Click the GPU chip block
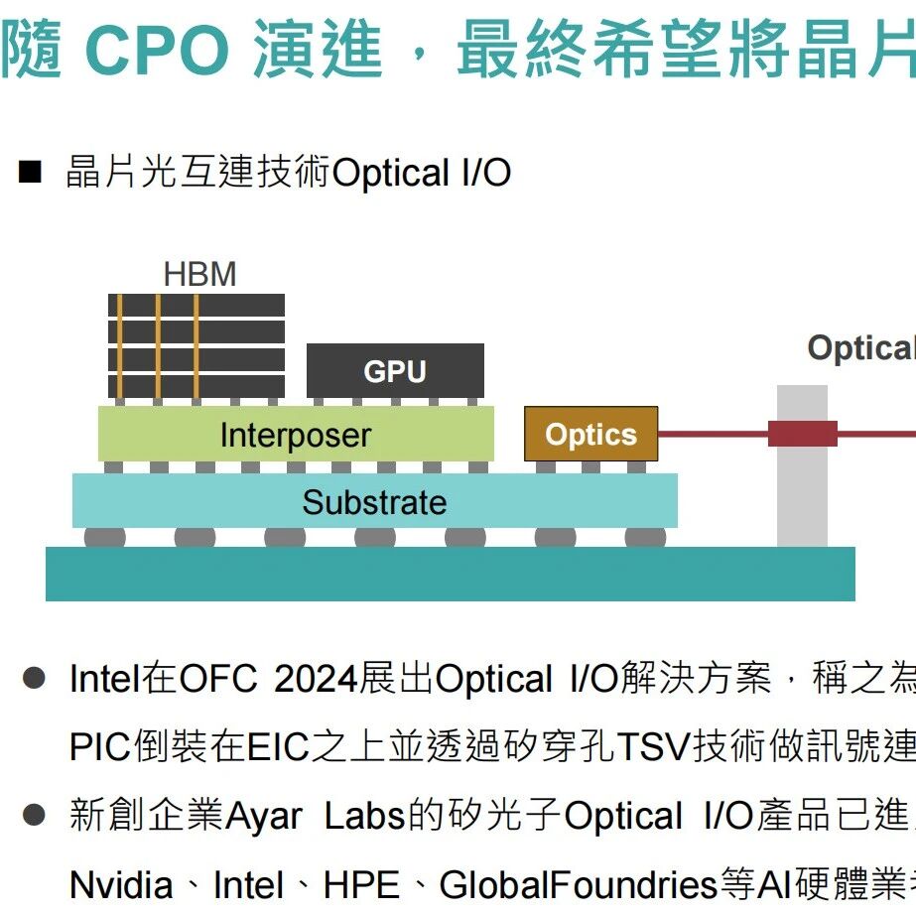[x=395, y=370]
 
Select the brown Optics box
[x=591, y=434]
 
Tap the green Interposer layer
[x=296, y=434]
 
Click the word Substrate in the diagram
[x=374, y=502]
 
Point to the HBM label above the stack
[x=199, y=274]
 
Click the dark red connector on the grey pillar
[x=803, y=434]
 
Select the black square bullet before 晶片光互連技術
[x=30, y=173]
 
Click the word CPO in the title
[x=157, y=51]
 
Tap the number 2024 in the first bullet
[x=316, y=679]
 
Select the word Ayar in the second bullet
[x=263, y=816]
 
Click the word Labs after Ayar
[x=365, y=815]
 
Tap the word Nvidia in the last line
[x=121, y=884]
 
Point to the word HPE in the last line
[x=361, y=884]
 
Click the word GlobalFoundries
[x=579, y=884]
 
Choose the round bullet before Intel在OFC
[x=34, y=678]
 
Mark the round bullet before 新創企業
[x=34, y=815]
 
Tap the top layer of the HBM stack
[x=196, y=305]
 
